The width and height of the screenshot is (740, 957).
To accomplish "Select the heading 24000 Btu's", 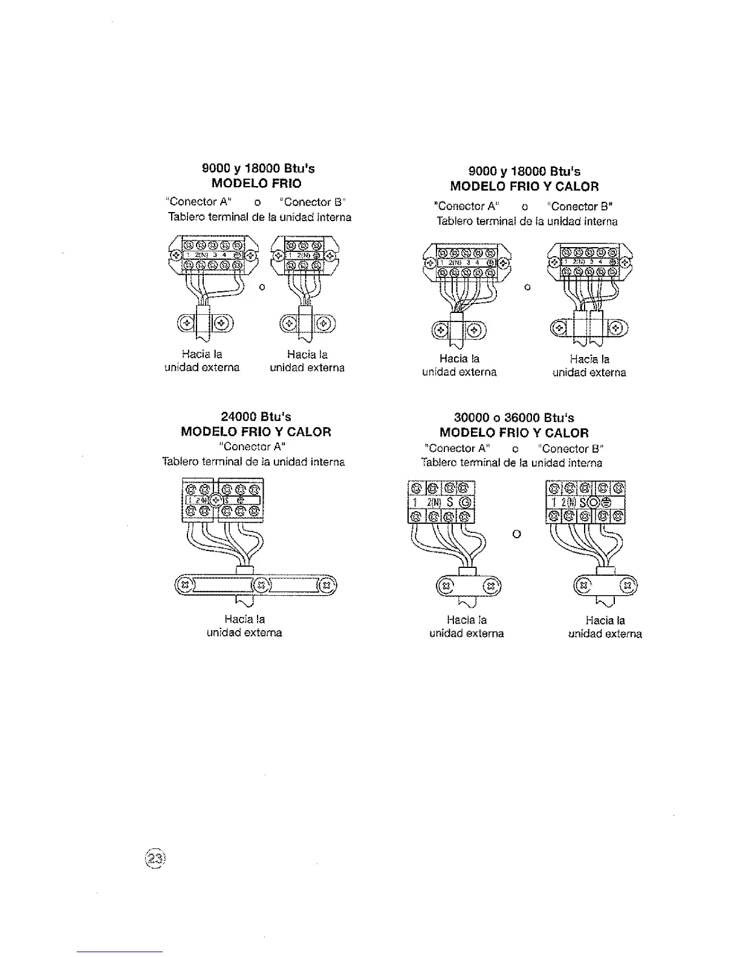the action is [256, 417].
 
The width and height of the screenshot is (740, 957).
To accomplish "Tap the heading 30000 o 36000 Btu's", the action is [514, 417].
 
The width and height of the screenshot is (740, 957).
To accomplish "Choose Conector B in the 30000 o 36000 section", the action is [573, 448].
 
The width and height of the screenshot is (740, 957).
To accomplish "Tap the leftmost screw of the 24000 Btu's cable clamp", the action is [186, 584].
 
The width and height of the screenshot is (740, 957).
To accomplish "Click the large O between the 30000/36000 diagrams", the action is [516, 534].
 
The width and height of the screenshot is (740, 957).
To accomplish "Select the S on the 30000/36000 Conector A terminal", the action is [451, 502].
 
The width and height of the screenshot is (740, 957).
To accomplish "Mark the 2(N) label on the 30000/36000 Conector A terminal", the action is [433, 502].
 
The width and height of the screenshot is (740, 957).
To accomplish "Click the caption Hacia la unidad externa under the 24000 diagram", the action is [244, 626].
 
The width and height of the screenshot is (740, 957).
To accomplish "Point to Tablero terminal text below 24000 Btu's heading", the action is [253, 462].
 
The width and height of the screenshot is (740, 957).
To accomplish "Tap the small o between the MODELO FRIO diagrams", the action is [262, 287].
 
